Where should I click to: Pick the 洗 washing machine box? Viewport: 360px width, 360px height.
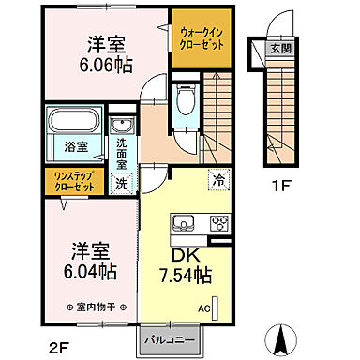pyautogui.click(x=122, y=184)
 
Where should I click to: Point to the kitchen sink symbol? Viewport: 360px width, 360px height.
pyautogui.click(x=182, y=223)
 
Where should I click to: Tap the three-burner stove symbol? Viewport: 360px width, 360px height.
pyautogui.click(x=217, y=223)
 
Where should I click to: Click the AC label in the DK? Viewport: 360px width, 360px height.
pyautogui.click(x=203, y=307)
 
